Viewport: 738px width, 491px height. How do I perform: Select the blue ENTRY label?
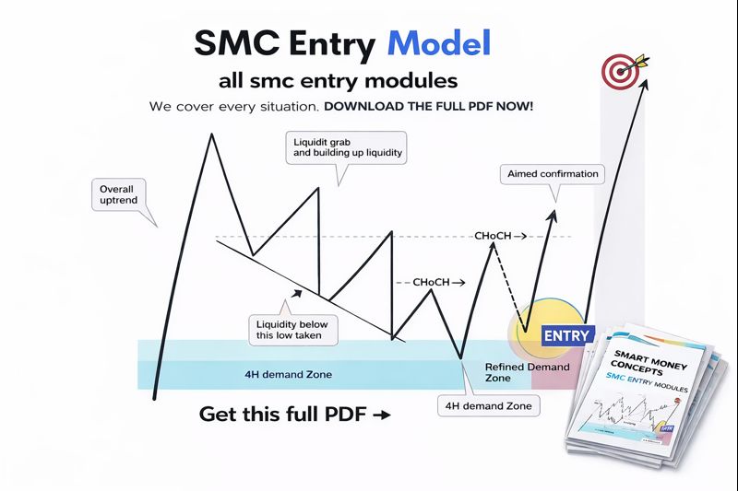tap(565, 335)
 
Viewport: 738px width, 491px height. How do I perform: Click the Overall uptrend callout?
tap(122, 194)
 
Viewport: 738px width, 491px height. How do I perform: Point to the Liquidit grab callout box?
tap(347, 148)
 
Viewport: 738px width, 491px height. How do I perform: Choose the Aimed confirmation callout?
tap(552, 173)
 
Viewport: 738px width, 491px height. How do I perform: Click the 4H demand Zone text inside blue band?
tap(288, 375)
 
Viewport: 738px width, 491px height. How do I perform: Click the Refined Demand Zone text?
tap(526, 372)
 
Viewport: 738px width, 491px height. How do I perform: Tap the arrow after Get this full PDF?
tap(380, 415)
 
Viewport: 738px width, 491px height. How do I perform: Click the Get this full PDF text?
tap(282, 415)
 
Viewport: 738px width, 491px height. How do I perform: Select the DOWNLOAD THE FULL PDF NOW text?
tap(428, 107)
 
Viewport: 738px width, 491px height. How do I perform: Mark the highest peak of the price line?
tap(212, 134)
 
